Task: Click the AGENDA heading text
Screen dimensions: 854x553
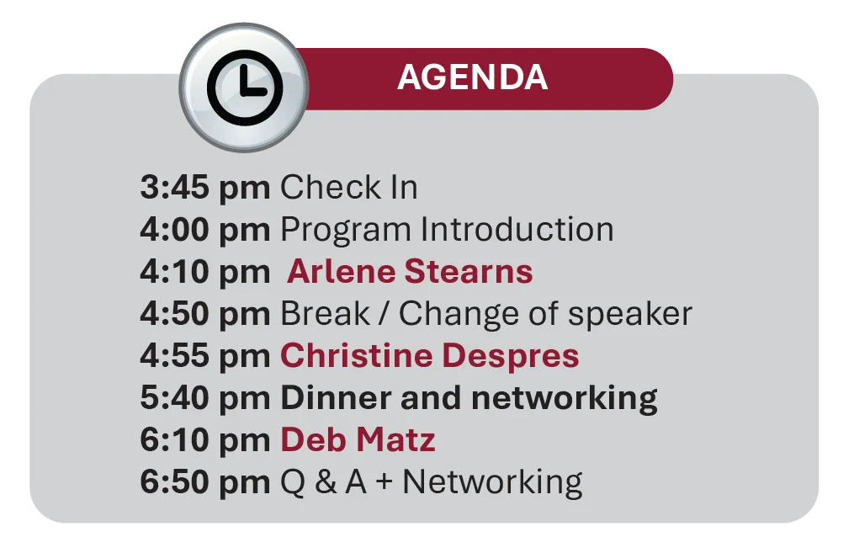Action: point(472,77)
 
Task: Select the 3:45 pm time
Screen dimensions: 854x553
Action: point(204,188)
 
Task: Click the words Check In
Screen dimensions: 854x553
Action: point(348,187)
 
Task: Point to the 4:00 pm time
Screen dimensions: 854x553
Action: point(204,230)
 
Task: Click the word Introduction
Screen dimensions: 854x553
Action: point(517,229)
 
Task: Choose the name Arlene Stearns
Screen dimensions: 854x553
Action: point(410,271)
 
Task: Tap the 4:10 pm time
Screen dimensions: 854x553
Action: point(204,272)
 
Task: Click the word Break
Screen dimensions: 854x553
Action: point(325,313)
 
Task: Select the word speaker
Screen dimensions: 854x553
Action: point(630,315)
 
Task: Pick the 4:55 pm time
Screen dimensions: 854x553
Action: point(204,356)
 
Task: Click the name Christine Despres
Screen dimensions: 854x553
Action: point(430,357)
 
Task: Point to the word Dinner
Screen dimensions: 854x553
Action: point(336,398)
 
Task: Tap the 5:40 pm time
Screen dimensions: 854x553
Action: point(204,398)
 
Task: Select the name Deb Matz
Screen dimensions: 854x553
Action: point(358,439)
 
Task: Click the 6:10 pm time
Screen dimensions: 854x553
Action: point(204,440)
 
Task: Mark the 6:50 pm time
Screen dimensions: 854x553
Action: point(204,482)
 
